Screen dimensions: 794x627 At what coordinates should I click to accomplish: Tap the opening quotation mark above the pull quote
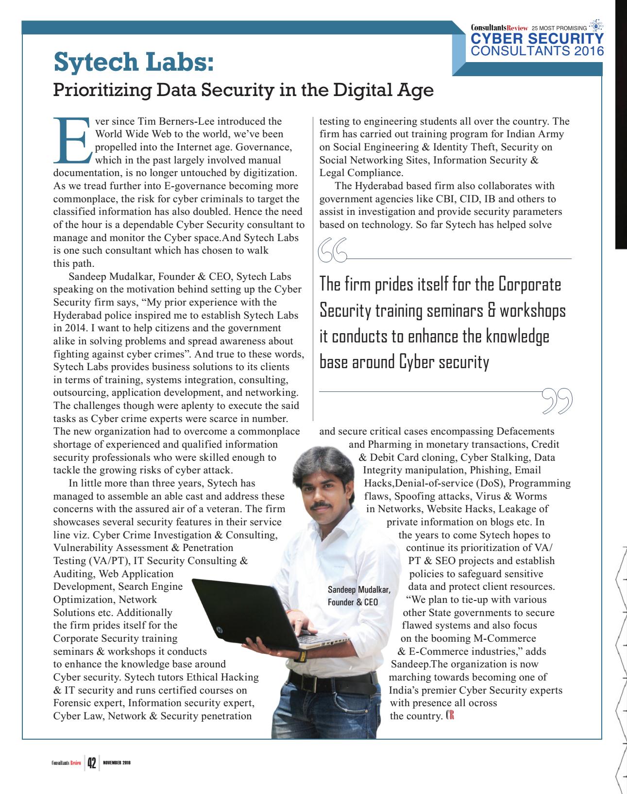(x=332, y=251)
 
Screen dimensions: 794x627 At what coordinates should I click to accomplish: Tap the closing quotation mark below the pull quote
(x=557, y=401)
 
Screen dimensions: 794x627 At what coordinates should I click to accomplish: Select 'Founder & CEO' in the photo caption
(x=353, y=602)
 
